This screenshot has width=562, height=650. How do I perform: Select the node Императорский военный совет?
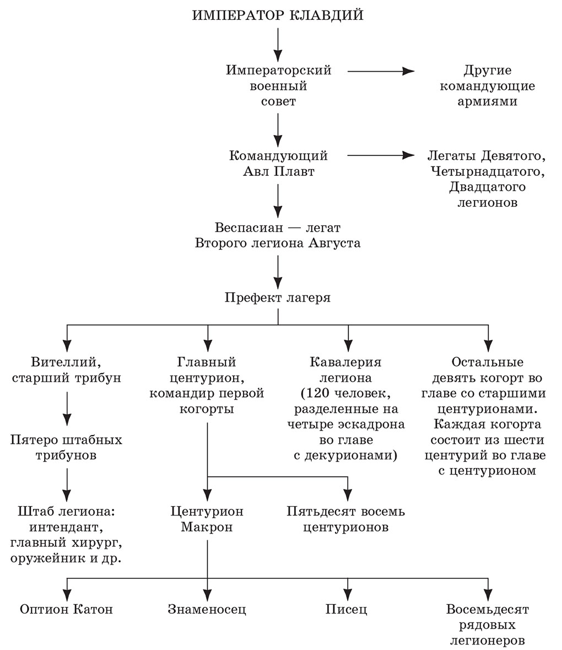(x=278, y=86)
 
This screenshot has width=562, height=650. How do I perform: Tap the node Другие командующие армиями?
(x=488, y=86)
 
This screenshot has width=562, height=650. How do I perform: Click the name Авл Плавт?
(x=278, y=171)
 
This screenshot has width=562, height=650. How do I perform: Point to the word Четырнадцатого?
(x=488, y=171)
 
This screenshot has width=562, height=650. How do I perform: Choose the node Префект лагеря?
(x=278, y=298)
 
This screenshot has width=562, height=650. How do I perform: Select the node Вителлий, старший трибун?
(x=67, y=370)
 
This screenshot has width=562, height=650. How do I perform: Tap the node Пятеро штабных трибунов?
(x=67, y=448)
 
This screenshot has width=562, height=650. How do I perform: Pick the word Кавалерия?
(x=346, y=362)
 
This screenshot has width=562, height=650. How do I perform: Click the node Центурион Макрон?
(x=207, y=519)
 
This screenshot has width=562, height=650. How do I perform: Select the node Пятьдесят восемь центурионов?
(x=346, y=519)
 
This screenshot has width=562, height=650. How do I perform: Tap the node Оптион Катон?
(x=67, y=609)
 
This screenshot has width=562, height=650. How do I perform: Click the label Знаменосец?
(x=207, y=609)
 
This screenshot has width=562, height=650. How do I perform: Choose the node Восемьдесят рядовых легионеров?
(x=488, y=625)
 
